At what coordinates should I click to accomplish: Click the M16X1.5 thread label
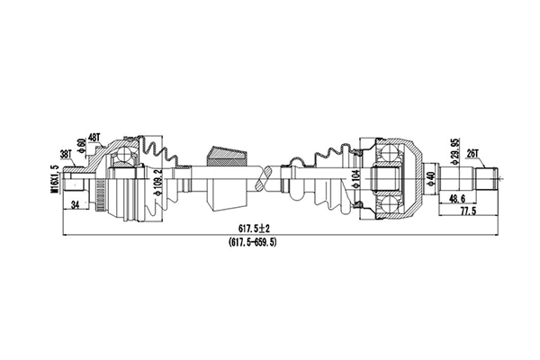[55, 176]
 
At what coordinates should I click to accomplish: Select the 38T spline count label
[66, 153]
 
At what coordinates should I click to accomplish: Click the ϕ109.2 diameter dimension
[158, 181]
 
